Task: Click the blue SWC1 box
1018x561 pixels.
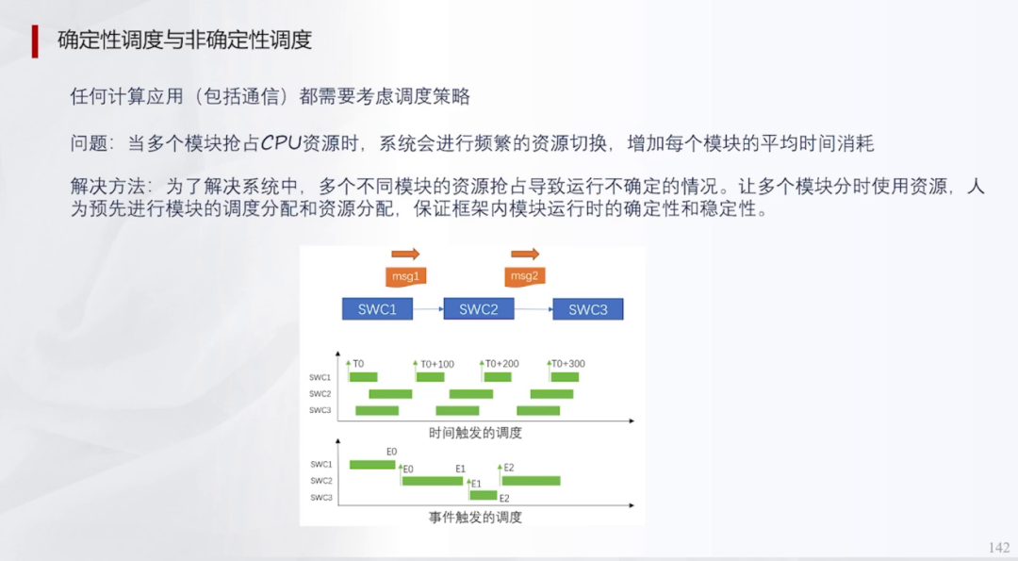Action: click(377, 308)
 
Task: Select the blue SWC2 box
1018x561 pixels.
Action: click(478, 308)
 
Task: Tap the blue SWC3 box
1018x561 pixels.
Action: click(587, 309)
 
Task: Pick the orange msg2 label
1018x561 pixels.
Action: click(524, 276)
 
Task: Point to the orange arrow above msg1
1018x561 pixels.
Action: click(405, 254)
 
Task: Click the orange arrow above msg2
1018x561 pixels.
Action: click(525, 254)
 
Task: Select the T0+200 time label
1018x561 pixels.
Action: click(501, 364)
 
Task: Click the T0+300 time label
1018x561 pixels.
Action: click(567, 364)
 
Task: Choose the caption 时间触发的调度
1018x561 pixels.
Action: click(475, 433)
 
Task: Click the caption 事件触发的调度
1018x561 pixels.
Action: click(475, 517)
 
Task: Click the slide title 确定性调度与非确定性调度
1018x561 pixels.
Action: click(185, 40)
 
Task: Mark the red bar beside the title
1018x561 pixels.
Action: click(35, 41)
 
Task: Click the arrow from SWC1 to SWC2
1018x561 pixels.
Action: click(429, 308)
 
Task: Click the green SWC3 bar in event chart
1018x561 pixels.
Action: click(484, 496)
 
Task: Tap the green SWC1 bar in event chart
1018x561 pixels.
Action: click(372, 464)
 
